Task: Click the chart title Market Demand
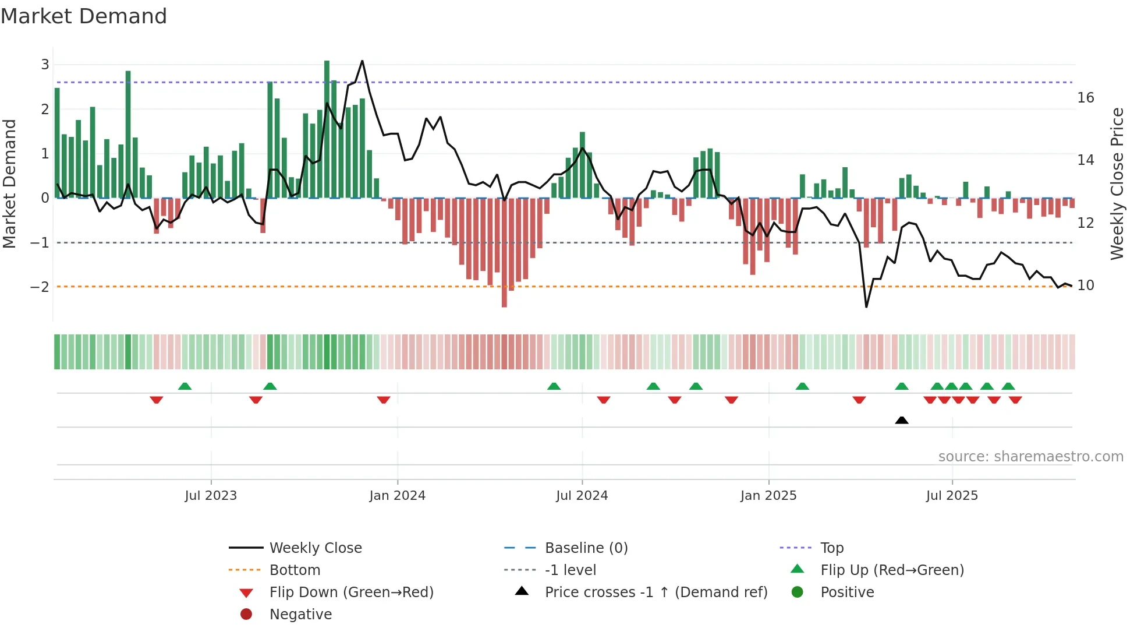coord(84,16)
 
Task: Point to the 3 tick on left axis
coord(45,65)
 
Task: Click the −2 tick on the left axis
coord(40,287)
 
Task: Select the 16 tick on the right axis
coord(1085,98)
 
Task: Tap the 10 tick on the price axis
coord(1085,285)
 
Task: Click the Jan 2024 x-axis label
coord(397,496)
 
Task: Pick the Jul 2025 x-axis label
coord(952,496)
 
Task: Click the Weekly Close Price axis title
coord(1117,184)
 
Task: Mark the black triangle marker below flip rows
coord(901,420)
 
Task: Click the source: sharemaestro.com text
coord(1030,457)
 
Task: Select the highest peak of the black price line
coord(362,61)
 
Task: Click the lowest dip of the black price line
coord(866,306)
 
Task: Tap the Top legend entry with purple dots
coord(831,548)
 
